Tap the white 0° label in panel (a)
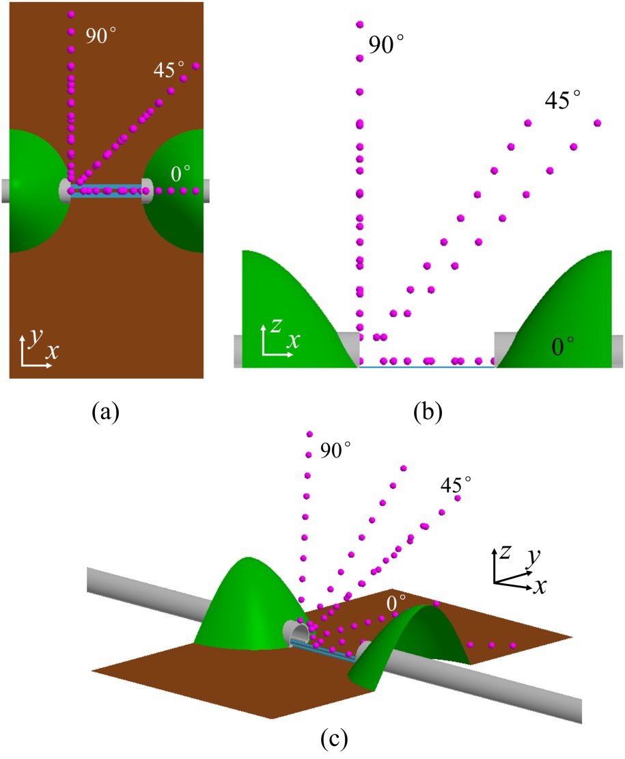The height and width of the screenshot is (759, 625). (182, 175)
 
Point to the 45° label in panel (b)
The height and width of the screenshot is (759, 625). (563, 101)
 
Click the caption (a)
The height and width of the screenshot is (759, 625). (105, 412)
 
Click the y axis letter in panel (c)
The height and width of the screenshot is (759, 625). (527, 559)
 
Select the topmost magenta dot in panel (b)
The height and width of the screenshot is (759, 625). (359, 25)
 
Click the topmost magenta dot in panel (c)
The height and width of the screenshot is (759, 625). (309, 434)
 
